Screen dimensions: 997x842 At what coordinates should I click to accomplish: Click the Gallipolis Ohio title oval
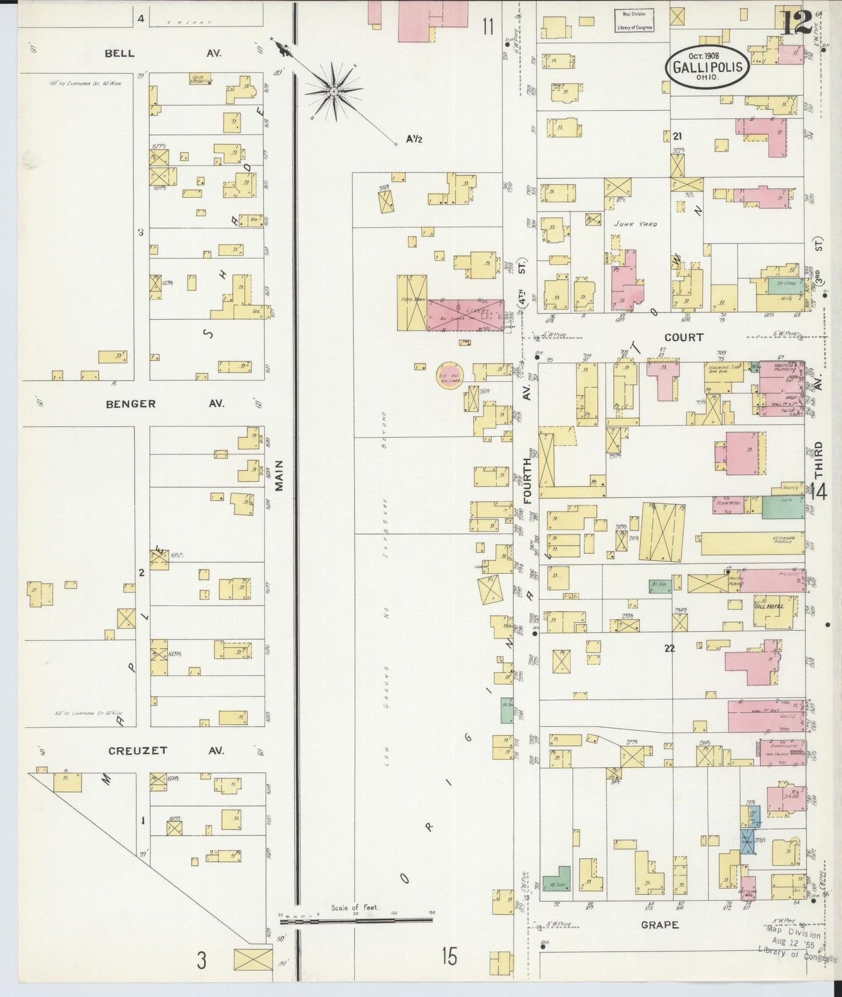coord(707,66)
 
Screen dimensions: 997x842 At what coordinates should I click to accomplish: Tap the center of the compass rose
coord(334,92)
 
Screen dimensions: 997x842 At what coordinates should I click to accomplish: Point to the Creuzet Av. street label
coord(166,750)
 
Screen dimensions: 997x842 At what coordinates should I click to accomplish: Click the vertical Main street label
coord(279,476)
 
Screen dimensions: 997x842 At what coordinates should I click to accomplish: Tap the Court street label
coord(684,337)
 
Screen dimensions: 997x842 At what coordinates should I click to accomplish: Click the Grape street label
coord(660,925)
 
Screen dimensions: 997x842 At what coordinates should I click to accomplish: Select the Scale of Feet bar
coord(357,922)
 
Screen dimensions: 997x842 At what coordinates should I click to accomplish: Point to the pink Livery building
coord(466,315)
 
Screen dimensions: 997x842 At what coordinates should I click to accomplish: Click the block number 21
coord(677,136)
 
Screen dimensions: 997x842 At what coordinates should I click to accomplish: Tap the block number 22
coord(669,648)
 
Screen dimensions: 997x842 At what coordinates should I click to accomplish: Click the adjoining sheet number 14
coord(818,493)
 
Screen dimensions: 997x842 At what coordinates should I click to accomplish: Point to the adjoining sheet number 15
coord(449,956)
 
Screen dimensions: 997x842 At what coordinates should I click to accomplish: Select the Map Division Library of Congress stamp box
coord(635,20)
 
